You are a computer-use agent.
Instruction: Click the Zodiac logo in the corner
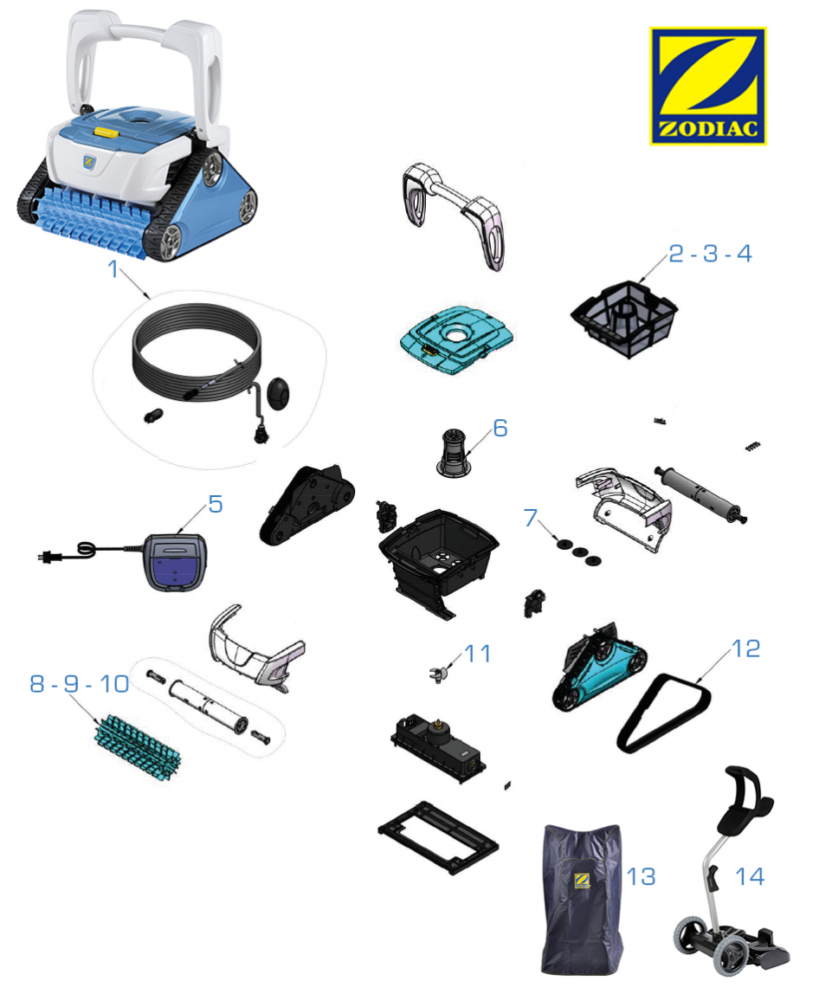tap(707, 86)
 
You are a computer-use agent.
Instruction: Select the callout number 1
tap(113, 268)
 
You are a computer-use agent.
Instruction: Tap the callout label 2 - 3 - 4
tap(710, 254)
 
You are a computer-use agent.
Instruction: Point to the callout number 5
tap(216, 504)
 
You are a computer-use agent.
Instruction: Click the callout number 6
tap(500, 428)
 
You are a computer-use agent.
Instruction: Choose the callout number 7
tap(531, 517)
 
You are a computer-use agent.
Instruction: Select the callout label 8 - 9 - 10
tap(80, 683)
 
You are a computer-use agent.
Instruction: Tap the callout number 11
tap(478, 654)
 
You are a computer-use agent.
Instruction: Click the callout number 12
tap(746, 649)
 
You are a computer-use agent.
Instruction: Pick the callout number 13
tap(641, 877)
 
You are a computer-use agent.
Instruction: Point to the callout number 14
tap(750, 877)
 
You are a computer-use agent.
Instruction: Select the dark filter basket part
tap(624, 319)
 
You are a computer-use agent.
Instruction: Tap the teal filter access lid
tap(456, 339)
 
